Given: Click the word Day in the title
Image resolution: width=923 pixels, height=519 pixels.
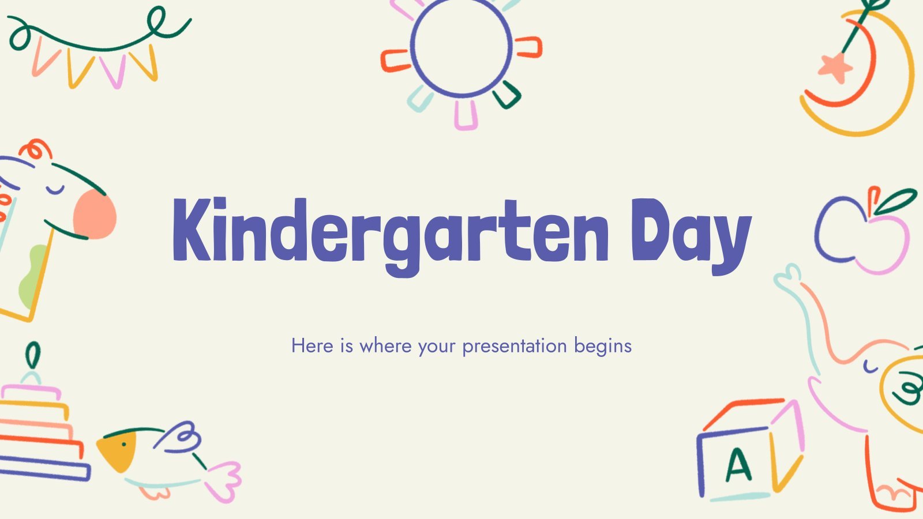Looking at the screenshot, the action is pyautogui.click(x=692, y=236).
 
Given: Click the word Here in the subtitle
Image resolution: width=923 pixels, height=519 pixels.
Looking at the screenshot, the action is pyautogui.click(x=312, y=345).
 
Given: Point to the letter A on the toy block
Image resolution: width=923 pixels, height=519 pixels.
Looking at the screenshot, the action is pyautogui.click(x=738, y=464).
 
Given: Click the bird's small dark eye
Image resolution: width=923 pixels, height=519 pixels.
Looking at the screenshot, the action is pyautogui.click(x=123, y=444).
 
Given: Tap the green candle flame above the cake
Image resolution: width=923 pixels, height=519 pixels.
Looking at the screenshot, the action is pyautogui.click(x=33, y=354).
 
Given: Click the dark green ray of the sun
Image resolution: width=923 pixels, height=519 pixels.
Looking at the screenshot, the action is pyautogui.click(x=507, y=95).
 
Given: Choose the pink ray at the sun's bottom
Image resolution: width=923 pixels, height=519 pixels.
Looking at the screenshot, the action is pyautogui.click(x=466, y=115).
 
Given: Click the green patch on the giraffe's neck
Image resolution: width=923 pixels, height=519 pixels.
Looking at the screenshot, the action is pyautogui.click(x=34, y=274).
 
